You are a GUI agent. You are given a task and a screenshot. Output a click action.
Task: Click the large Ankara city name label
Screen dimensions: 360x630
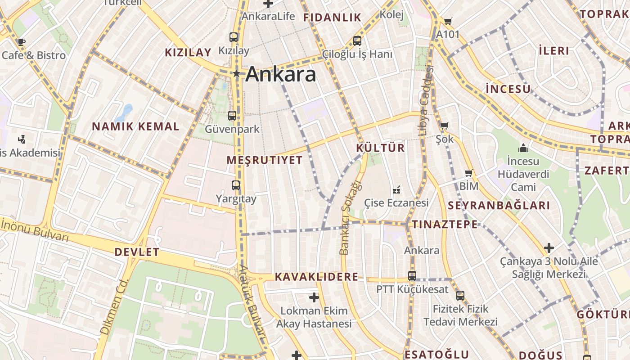[x=281, y=74]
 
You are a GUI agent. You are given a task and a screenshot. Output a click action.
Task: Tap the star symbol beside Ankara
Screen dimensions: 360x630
[x=236, y=73]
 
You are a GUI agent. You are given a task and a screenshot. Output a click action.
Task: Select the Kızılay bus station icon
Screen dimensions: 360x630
[x=233, y=37]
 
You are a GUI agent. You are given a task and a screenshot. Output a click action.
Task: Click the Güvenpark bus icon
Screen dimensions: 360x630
[x=232, y=116]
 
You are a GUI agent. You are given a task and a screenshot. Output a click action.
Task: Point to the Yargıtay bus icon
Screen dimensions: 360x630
[x=236, y=185]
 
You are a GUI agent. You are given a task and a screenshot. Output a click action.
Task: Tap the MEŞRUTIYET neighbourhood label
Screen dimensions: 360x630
[x=265, y=160]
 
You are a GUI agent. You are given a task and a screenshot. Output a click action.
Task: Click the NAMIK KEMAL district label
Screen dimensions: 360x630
[x=135, y=126]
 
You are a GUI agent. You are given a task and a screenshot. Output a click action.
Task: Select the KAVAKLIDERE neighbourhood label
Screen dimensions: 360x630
[x=316, y=277]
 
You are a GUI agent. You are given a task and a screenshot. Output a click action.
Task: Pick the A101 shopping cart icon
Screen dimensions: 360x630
[x=448, y=21]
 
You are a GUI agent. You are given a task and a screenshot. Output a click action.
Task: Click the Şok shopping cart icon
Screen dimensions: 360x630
[x=445, y=126]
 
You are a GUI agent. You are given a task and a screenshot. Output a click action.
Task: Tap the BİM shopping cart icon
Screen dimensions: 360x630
[x=469, y=173]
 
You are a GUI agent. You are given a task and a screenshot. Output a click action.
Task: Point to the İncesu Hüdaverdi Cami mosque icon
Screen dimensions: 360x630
[x=523, y=148]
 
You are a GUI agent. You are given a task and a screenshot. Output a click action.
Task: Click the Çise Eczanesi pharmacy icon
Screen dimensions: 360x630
[x=396, y=190]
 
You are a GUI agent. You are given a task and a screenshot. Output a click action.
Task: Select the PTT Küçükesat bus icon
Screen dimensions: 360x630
[x=412, y=276]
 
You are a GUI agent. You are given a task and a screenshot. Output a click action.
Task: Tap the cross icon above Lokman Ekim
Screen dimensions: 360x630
[x=314, y=297]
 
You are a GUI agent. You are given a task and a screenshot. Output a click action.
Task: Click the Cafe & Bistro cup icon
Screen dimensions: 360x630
[x=21, y=42]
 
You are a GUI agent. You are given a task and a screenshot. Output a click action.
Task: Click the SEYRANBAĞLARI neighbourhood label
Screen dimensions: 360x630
[x=499, y=206]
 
